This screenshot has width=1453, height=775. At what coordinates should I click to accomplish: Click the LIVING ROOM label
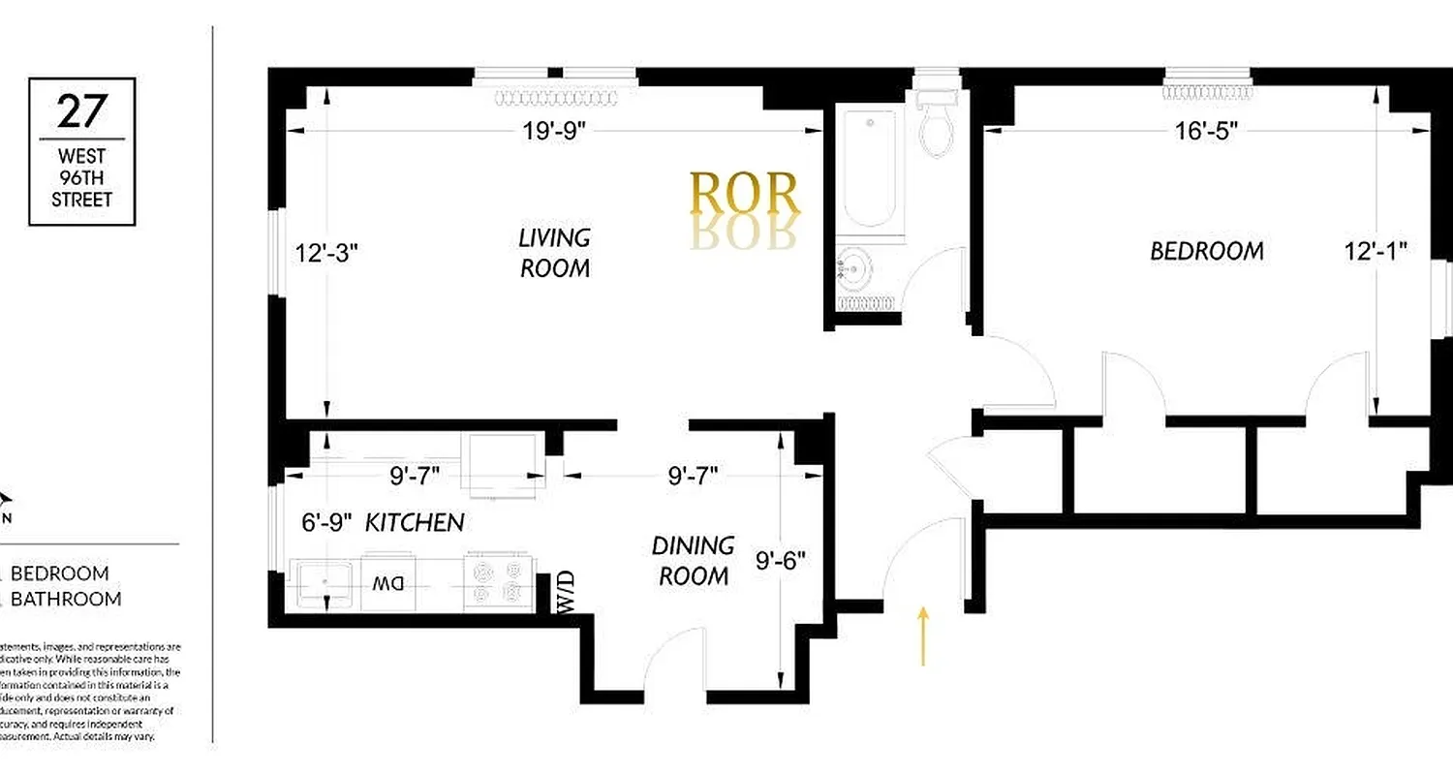[554, 252]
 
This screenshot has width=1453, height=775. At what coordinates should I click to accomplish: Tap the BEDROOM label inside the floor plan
[1206, 251]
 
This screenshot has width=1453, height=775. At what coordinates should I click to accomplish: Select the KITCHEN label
[414, 523]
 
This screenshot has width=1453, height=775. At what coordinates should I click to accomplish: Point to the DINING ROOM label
[693, 560]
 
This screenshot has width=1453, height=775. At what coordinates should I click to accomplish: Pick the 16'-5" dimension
[1207, 131]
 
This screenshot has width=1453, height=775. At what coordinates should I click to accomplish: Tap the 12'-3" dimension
[326, 253]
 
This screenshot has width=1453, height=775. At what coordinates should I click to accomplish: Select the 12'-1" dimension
[1375, 251]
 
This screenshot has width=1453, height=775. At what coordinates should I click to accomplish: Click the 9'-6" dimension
[780, 560]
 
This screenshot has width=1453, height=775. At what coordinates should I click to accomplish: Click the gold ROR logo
[744, 195]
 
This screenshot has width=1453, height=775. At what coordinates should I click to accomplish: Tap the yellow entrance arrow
[922, 636]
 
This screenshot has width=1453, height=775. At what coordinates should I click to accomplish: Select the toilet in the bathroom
[937, 124]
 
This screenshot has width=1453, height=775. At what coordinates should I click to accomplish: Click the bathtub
[869, 169]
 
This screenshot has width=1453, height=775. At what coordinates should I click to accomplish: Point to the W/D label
[565, 592]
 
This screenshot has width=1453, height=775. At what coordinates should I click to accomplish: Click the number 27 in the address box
[81, 111]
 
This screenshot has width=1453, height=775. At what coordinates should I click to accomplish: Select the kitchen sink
[324, 583]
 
